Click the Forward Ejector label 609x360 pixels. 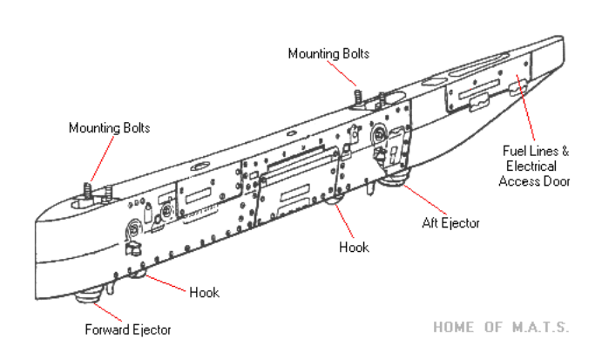(128, 329)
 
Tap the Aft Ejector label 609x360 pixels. (445, 224)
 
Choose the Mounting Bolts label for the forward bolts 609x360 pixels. (110, 127)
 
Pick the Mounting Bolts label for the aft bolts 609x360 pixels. (328, 53)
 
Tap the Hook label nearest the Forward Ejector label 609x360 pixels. (204, 291)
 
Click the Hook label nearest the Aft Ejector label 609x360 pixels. (355, 248)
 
